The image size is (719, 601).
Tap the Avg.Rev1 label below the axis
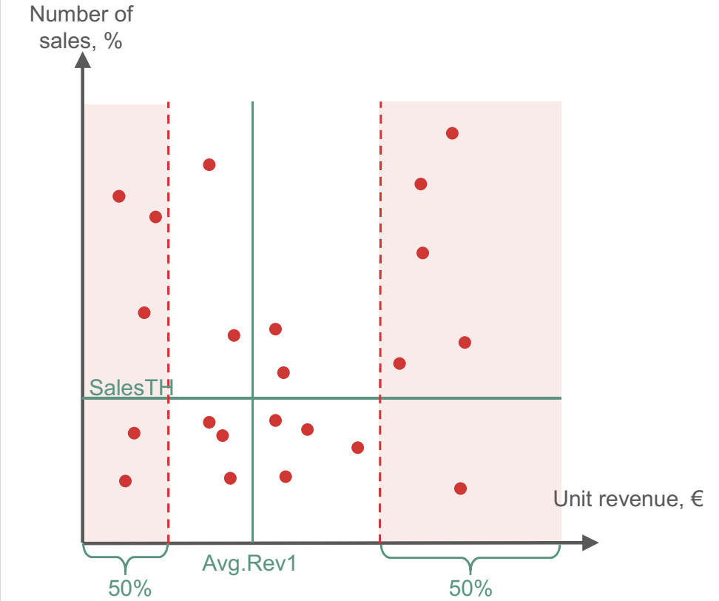(249, 563)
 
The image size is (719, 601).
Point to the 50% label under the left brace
(130, 589)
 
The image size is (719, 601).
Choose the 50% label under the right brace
(471, 589)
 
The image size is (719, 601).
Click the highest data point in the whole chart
(452, 133)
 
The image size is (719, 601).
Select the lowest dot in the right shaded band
(460, 488)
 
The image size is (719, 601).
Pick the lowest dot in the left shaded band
(125, 481)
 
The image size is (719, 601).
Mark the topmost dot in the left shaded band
(118, 196)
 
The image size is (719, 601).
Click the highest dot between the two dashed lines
(209, 164)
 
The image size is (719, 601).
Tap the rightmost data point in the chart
(465, 342)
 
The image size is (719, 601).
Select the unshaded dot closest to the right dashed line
(358, 447)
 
